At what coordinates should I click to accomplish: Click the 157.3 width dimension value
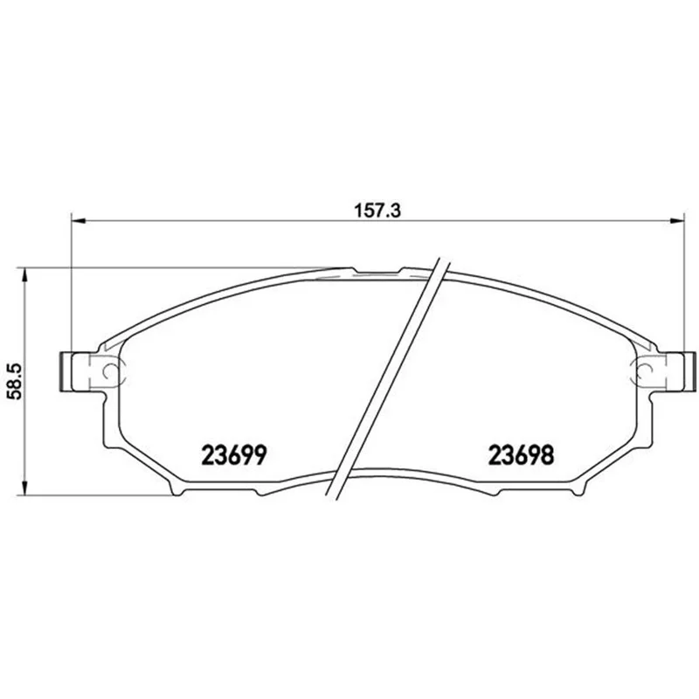tap(377, 211)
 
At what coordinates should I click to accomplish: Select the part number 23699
tap(234, 455)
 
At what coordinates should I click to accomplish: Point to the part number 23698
tap(521, 455)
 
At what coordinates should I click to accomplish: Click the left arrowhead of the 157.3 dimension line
tap(78, 220)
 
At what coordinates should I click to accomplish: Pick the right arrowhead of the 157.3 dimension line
tap(677, 220)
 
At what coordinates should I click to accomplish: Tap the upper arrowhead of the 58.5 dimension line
tap(25, 274)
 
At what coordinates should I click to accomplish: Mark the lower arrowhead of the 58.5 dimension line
tap(25, 488)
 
